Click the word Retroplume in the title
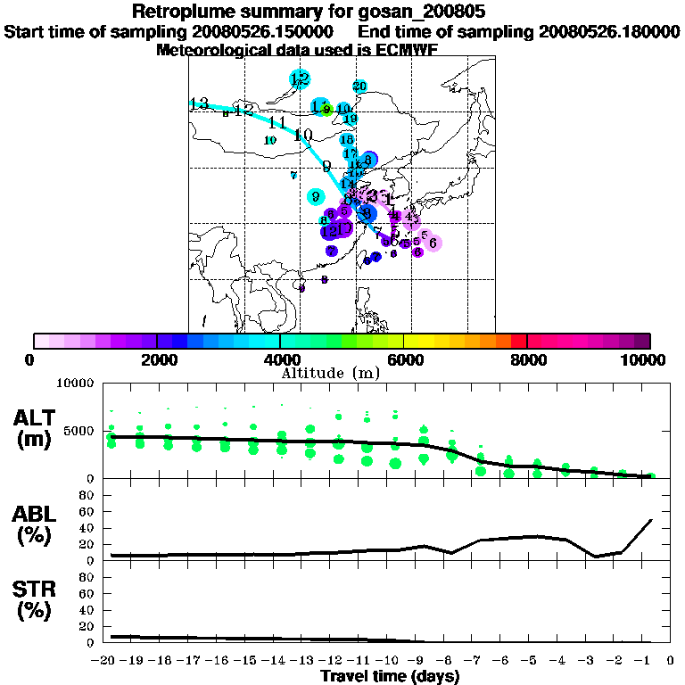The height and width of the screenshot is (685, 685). click(179, 12)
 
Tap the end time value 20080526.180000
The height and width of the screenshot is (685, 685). click(609, 31)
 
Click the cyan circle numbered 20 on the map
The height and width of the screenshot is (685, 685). click(359, 87)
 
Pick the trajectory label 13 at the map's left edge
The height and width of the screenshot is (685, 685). click(199, 103)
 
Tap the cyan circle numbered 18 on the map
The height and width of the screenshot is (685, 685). click(348, 139)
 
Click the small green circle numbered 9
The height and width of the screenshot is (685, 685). click(327, 110)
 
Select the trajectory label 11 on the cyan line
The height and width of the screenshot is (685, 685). click(276, 122)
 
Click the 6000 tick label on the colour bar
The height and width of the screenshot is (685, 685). click(404, 359)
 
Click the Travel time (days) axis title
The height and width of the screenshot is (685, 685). click(390, 677)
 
